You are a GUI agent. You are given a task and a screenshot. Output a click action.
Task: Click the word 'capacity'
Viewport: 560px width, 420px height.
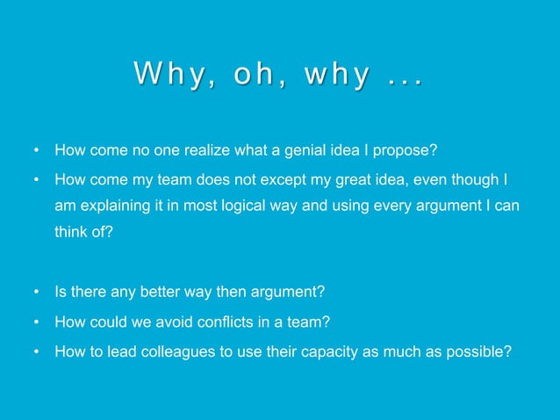tap(319, 353)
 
